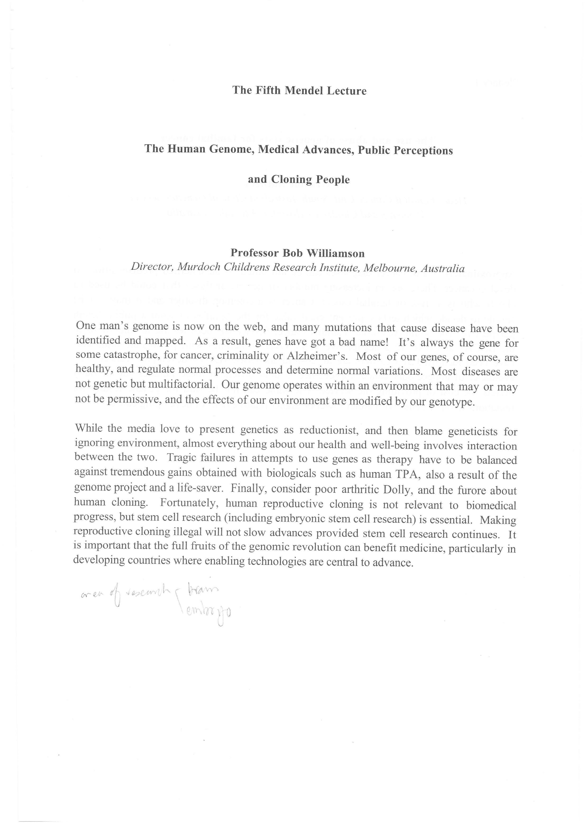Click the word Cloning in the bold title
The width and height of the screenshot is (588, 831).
point(293,180)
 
